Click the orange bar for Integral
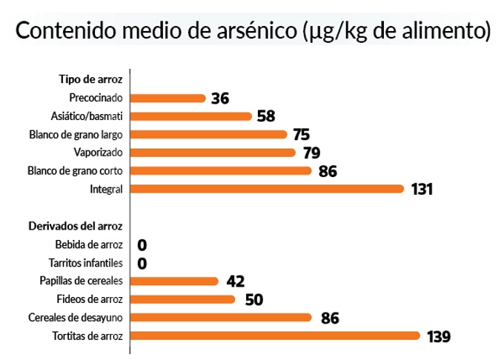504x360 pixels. (x=268, y=189)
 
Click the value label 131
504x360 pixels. (x=422, y=190)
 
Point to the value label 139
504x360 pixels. (x=439, y=336)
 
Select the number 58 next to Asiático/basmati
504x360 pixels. (x=266, y=116)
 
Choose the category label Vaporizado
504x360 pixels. (x=98, y=153)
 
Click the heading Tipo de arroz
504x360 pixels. (x=90, y=79)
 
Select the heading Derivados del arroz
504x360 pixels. (x=75, y=226)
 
